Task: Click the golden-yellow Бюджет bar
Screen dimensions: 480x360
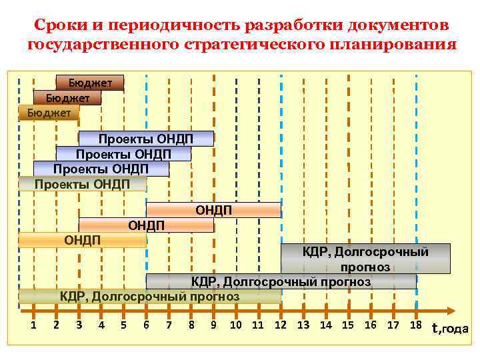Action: coord(49,113)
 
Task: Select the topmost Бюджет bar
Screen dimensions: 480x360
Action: coord(90,83)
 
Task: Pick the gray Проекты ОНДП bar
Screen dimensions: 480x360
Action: coord(82,183)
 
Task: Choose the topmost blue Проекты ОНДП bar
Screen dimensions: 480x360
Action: coord(146,139)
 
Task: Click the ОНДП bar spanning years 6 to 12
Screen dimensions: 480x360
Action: coord(213,210)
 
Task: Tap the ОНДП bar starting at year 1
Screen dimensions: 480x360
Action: coord(82,239)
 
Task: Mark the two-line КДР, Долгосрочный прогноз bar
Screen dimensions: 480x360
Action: coord(365,259)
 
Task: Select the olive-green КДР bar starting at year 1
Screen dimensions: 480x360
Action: coord(149,296)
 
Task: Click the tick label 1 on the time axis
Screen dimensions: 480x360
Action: coord(33,325)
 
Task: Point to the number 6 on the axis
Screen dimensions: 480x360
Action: coord(146,325)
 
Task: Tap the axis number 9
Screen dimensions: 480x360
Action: coord(213,325)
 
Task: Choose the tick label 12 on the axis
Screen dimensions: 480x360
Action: coord(281,325)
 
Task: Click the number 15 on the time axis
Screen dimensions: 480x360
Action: coord(348,325)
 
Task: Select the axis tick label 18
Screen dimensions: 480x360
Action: coord(415,325)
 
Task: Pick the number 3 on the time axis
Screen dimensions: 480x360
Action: coord(79,325)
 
